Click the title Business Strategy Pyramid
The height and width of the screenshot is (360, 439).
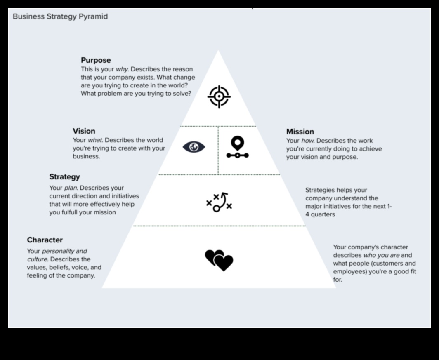pos(60,16)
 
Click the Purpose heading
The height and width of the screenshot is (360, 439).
pos(96,60)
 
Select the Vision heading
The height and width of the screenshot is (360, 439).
pos(84,131)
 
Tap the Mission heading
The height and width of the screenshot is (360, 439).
pos(300,132)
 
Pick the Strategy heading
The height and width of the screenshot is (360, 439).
pos(64,177)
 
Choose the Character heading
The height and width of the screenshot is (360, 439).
pos(45,240)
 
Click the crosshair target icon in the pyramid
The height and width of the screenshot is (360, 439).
pos(219,97)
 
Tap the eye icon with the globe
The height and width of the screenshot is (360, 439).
pos(194,147)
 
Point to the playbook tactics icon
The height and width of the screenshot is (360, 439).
pos(219,202)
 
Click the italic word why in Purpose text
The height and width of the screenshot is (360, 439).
pos(122,69)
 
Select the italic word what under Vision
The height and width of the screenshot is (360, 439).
pos(95,140)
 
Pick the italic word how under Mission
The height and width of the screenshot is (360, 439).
pos(307,141)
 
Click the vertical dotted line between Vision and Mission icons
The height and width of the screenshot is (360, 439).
pos(218,151)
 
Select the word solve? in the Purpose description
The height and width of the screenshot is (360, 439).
pos(181,94)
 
